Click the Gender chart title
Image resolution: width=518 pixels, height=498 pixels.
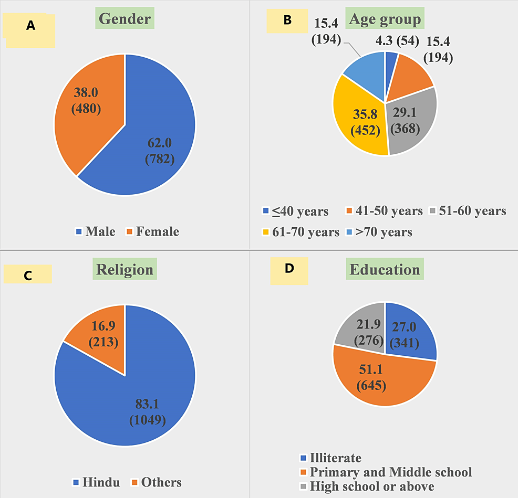point(125,19)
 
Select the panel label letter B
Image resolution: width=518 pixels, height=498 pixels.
point(287,20)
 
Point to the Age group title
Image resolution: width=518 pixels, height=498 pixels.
point(385,19)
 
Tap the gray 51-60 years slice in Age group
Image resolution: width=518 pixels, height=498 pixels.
point(412,123)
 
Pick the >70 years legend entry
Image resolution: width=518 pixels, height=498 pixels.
point(380,231)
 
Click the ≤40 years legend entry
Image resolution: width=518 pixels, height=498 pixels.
point(295,211)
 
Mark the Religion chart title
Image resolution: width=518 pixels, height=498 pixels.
point(125,269)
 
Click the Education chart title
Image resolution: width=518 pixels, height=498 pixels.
point(385,269)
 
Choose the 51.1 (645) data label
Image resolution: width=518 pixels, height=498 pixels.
point(373,378)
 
